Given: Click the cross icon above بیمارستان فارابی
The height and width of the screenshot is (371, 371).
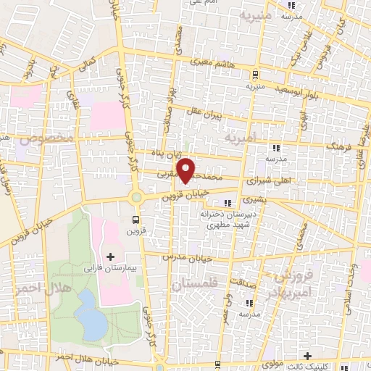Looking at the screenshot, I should (110, 257).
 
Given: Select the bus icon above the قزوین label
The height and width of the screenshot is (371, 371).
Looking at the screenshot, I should (136, 219).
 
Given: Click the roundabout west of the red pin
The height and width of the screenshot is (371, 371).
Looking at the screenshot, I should (136, 196).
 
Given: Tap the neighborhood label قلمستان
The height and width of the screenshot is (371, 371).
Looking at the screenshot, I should (195, 285).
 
